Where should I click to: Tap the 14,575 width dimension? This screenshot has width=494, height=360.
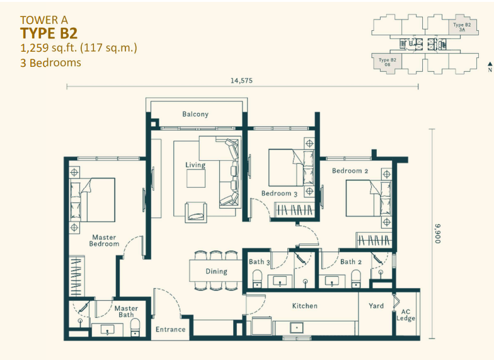(241, 80)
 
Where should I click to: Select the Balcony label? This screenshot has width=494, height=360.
(195, 114)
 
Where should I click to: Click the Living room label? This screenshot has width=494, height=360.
(195, 165)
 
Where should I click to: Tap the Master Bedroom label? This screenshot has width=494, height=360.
(104, 241)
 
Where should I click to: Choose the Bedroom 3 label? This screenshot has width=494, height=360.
(279, 194)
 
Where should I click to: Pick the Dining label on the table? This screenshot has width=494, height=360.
(216, 272)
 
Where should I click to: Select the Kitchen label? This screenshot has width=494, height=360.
(304, 306)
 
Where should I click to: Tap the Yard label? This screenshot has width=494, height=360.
(376, 306)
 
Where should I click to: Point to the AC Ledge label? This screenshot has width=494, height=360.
(406, 315)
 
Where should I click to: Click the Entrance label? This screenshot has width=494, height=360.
(171, 329)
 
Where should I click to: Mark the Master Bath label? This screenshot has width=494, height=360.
(126, 311)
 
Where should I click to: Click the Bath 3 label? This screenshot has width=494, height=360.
(260, 262)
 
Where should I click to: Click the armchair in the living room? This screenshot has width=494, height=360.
(196, 211)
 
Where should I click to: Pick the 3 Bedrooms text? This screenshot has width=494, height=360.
(51, 62)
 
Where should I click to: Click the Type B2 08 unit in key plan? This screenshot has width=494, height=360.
(383, 62)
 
